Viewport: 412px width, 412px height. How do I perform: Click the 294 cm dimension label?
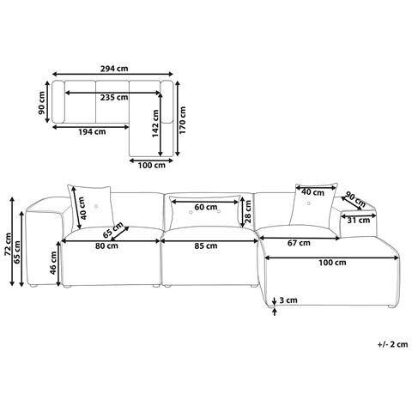click(x=114, y=69)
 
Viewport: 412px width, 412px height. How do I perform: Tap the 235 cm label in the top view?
click(x=114, y=98)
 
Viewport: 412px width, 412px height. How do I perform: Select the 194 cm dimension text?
click(x=92, y=132)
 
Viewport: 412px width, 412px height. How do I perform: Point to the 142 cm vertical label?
click(x=155, y=124)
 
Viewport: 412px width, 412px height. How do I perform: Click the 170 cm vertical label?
click(x=183, y=120)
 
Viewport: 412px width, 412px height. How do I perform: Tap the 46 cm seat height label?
click(x=53, y=263)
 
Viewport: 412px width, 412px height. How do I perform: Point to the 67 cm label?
click(x=299, y=243)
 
